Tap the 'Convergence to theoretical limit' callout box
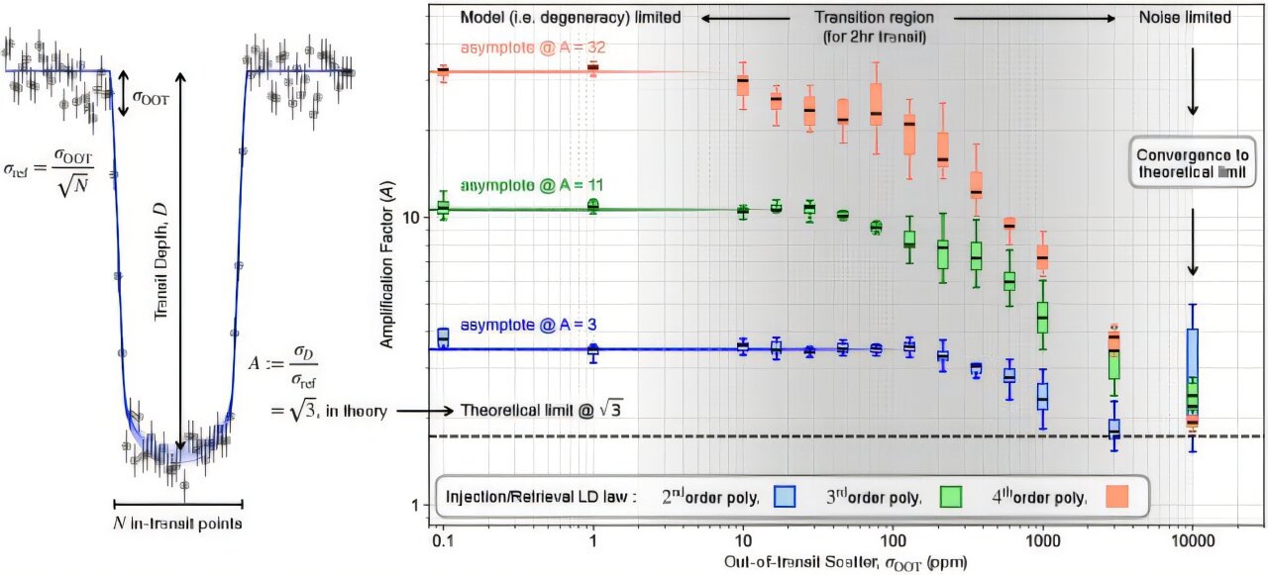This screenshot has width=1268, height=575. (x=1193, y=164)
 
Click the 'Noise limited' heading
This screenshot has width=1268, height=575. (x=1185, y=17)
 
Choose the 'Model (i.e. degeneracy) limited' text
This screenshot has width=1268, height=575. (x=570, y=17)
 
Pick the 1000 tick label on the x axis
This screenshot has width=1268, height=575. (x=1042, y=544)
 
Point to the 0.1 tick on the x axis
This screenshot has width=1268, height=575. (x=443, y=544)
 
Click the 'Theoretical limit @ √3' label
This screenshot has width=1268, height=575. (x=541, y=410)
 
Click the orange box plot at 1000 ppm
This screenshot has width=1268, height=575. (x=1042, y=257)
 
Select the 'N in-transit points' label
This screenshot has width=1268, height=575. (x=178, y=523)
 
